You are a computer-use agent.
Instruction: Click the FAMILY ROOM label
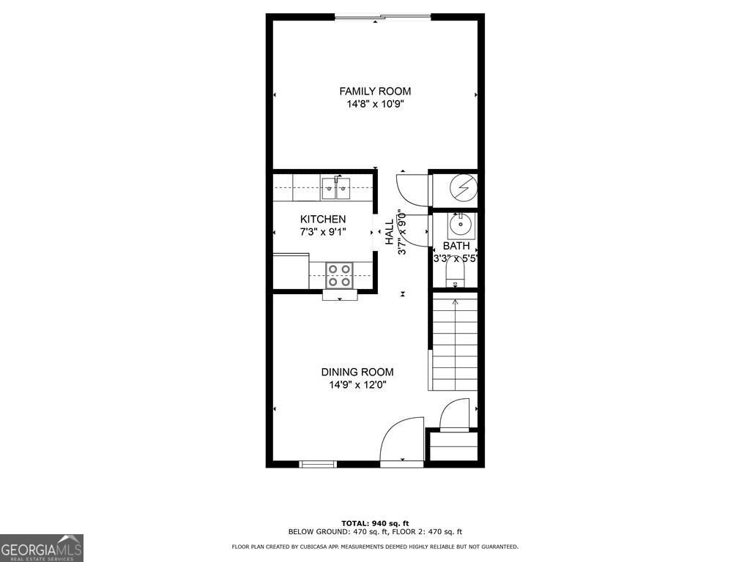(x=375, y=91)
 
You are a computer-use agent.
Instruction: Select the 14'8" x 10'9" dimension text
(x=375, y=105)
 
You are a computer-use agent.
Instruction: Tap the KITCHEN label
(x=323, y=220)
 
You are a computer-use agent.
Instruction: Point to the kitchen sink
(x=336, y=187)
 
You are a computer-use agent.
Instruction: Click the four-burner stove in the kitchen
(x=338, y=275)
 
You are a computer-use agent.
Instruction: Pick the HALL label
(x=390, y=233)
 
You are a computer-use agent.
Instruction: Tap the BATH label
(x=455, y=246)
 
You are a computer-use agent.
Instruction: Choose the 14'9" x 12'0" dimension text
(x=357, y=385)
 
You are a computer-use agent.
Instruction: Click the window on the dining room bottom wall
(x=319, y=463)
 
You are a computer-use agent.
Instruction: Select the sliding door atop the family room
(x=382, y=16)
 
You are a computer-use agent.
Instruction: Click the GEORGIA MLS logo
(x=42, y=548)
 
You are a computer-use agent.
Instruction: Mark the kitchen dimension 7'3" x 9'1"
(x=323, y=232)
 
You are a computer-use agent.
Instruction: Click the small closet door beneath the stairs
(x=454, y=415)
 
